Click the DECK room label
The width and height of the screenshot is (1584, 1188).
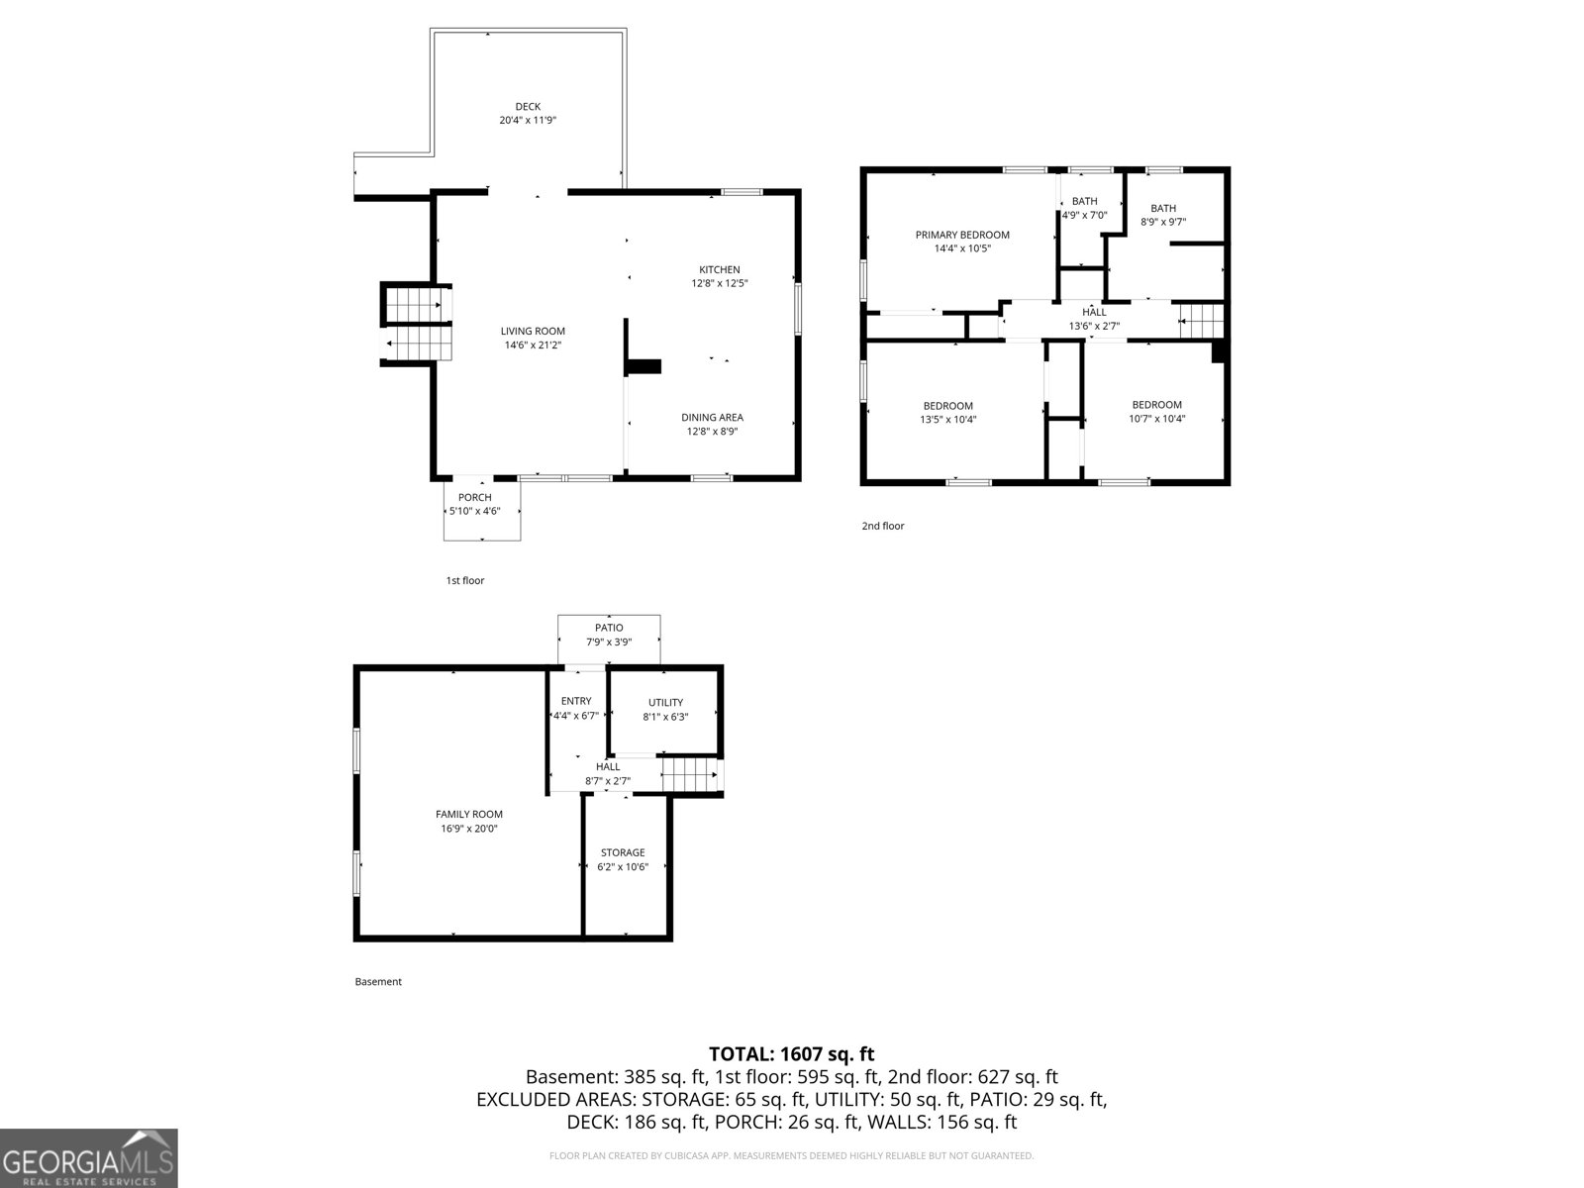pyautogui.click(x=527, y=107)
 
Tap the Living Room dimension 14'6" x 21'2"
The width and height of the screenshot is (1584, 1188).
pyautogui.click(x=533, y=346)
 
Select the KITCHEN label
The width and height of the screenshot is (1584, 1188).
pyautogui.click(x=719, y=269)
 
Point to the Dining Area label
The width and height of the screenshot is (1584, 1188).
pyautogui.click(x=712, y=418)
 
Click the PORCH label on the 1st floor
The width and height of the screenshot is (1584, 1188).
pyautogui.click(x=475, y=497)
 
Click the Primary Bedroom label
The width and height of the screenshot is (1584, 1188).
pyautogui.click(x=962, y=235)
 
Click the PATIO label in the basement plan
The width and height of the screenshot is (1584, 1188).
pyautogui.click(x=609, y=628)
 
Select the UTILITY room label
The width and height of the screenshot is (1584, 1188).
pyautogui.click(x=665, y=703)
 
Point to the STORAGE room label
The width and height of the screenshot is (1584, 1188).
pyautogui.click(x=622, y=852)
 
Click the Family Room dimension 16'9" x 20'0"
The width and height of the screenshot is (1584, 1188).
pyautogui.click(x=469, y=829)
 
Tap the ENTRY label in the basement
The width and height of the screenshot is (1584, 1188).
pyautogui.click(x=575, y=701)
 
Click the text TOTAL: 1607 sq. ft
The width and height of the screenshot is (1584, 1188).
pyautogui.click(x=791, y=1054)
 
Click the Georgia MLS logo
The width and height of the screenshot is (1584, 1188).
pyautogui.click(x=89, y=1158)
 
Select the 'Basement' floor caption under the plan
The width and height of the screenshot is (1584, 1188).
pyautogui.click(x=378, y=982)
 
